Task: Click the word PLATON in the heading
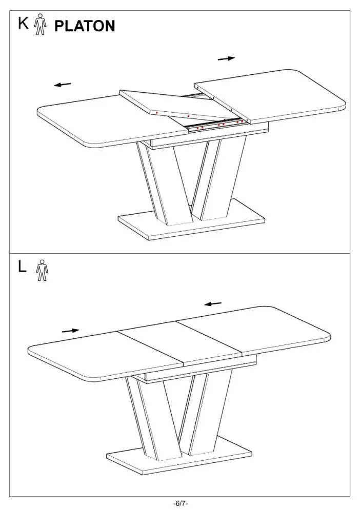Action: tap(85, 26)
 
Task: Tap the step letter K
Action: tap(23, 23)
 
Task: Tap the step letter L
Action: tap(22, 267)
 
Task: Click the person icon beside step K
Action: tap(41, 24)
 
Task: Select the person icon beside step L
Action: tap(42, 270)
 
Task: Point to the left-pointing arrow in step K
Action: tap(63, 85)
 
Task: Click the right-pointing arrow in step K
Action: tap(227, 58)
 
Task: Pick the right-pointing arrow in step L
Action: tap(71, 331)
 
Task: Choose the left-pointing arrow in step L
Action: tap(213, 304)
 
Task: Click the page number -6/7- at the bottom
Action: tap(181, 504)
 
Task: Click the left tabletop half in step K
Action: tap(112, 120)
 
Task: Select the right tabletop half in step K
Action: tap(270, 96)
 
